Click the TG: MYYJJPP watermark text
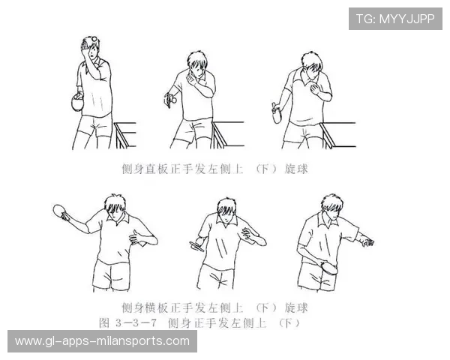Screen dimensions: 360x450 click(x=394, y=19)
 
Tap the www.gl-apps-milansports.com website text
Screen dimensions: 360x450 click(x=102, y=341)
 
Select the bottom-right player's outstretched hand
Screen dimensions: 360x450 click(x=367, y=241)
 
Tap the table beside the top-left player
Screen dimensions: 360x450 click(x=126, y=132)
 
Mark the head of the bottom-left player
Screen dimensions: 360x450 click(x=114, y=205)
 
